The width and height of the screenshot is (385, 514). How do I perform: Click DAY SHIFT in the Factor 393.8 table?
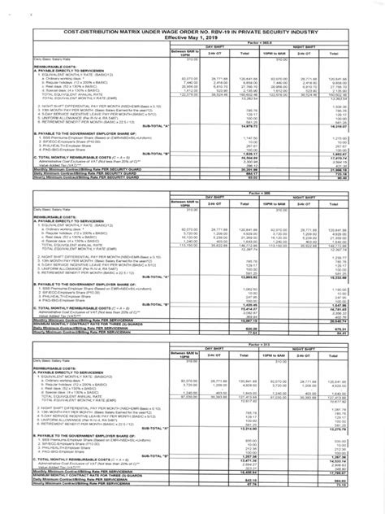[217, 48]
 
